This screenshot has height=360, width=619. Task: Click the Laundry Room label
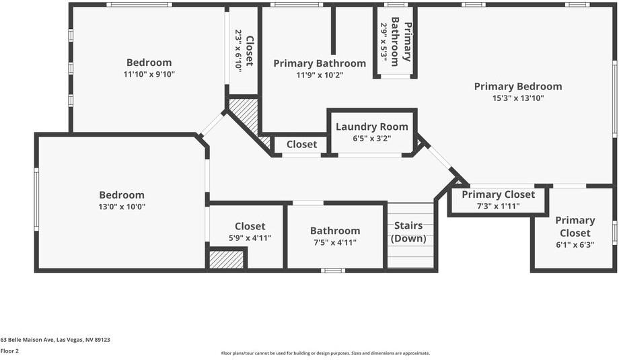(x=371, y=127)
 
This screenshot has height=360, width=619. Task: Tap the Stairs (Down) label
(x=408, y=232)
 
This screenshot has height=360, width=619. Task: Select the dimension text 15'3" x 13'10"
(x=517, y=98)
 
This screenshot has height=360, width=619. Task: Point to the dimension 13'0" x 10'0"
(x=122, y=207)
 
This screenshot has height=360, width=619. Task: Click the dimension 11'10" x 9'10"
(x=149, y=75)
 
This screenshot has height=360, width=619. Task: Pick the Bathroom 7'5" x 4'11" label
(x=334, y=231)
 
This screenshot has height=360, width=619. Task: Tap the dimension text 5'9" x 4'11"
(x=250, y=238)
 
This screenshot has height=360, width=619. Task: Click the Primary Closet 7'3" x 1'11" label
(x=498, y=194)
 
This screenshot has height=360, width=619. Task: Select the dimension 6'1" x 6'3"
(x=575, y=245)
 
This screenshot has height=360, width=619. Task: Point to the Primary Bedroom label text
(x=517, y=86)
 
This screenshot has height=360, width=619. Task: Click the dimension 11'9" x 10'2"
(x=320, y=75)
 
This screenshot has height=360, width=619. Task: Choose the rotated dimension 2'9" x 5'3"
(x=384, y=42)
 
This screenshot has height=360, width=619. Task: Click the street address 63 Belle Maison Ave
(x=55, y=340)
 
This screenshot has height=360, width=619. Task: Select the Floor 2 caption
(x=9, y=351)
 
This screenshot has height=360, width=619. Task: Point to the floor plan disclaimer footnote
(x=325, y=353)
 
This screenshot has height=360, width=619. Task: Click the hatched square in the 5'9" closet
(x=226, y=259)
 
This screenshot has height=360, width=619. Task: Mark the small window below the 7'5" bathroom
(x=332, y=271)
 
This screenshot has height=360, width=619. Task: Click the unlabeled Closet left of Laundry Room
(x=301, y=144)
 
